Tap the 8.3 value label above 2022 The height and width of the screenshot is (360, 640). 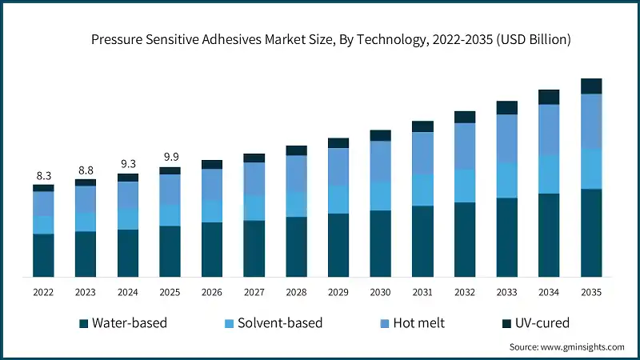[43, 175]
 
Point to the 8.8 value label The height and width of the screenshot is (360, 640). [86, 170]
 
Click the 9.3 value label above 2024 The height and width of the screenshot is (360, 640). [127, 163]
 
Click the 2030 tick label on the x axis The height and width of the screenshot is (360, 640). [380, 293]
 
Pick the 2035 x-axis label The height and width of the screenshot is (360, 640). [590, 293]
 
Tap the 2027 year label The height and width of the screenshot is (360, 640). [254, 293]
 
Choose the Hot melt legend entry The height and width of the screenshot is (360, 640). [415, 323]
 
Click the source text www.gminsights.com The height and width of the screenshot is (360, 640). [566, 347]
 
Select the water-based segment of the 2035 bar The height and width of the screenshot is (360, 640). [591, 233]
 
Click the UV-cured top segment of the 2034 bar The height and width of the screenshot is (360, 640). [549, 97]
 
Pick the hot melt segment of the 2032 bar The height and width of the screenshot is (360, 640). [465, 146]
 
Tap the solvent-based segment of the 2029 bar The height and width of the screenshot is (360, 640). [338, 199]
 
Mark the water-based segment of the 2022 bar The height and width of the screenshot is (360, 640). [43, 255]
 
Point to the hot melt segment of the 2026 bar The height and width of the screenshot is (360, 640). [212, 184]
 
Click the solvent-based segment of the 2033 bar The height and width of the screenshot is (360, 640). [506, 180]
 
